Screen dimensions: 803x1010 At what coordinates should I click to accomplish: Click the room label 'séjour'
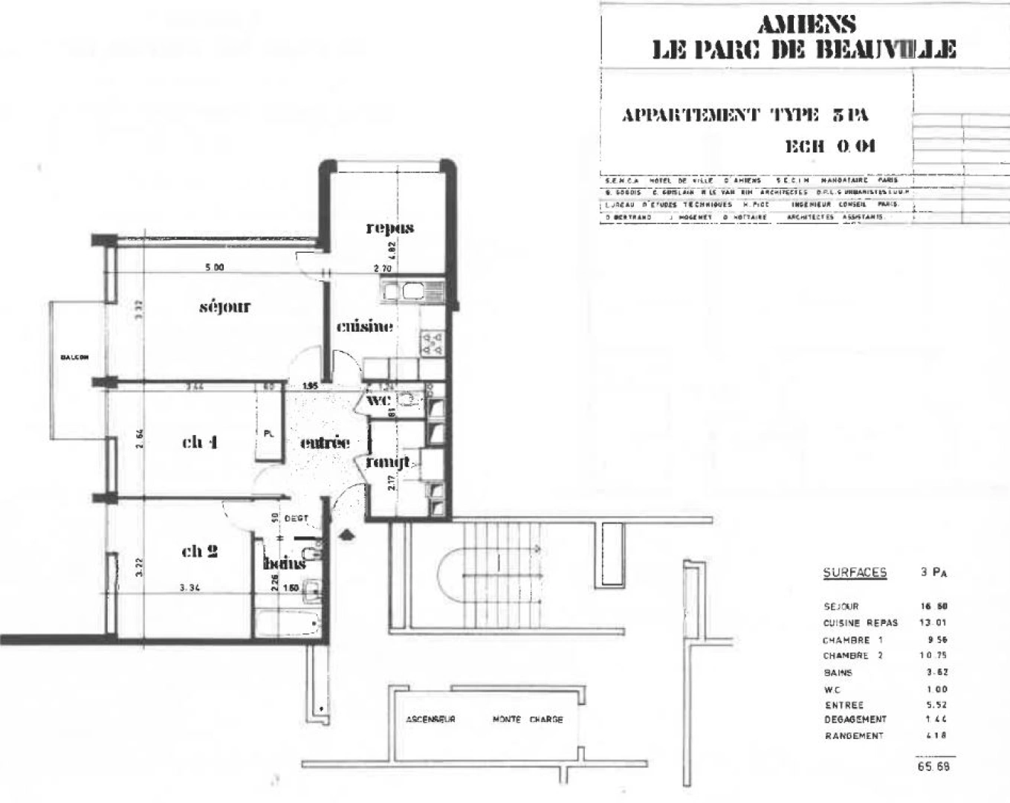coord(224,306)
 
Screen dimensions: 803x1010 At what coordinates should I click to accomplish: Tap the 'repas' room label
coord(389,228)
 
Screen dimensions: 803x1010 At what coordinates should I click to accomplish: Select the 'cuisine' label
coord(364,326)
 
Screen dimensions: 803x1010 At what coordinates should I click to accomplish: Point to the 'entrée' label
coord(325,442)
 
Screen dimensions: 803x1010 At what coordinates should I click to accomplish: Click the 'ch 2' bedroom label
coord(199,551)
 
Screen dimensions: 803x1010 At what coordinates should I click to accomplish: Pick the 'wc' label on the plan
coord(379,400)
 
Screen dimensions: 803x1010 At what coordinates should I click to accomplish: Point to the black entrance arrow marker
coord(346,534)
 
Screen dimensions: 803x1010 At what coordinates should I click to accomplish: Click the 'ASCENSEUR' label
coord(430,720)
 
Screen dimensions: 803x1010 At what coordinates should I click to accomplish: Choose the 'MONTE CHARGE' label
coord(528,720)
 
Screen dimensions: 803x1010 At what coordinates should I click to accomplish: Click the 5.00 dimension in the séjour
coord(214,268)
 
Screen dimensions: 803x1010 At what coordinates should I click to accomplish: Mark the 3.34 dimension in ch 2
coord(192,587)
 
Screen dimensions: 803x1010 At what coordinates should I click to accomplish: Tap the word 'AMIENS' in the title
coord(806,25)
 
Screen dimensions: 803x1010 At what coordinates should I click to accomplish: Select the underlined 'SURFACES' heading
coord(855,573)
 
